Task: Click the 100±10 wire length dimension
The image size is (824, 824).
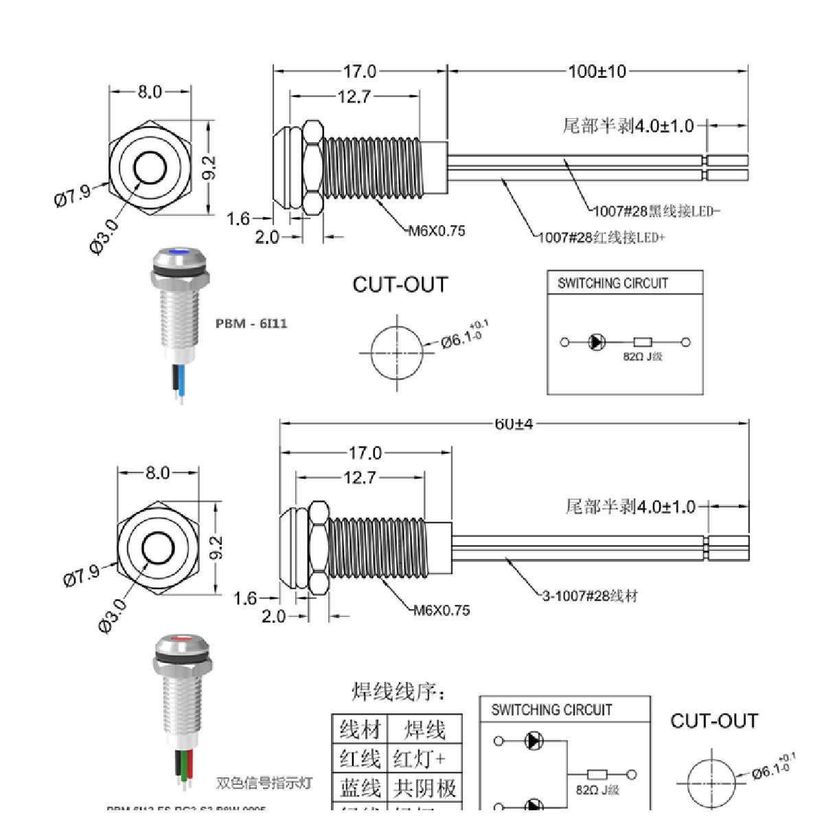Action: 597,71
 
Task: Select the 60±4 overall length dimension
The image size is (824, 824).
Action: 514,424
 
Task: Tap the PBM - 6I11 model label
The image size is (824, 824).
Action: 251,323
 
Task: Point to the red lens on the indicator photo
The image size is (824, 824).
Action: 181,639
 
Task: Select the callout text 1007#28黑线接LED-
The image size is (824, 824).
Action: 657,211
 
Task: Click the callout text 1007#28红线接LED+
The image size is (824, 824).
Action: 602,238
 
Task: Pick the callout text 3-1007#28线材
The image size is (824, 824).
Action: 590,596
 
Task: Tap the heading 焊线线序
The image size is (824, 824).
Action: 399,691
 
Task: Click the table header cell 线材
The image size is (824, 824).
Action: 360,729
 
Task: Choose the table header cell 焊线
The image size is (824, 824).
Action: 424,729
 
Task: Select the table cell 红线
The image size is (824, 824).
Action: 360,759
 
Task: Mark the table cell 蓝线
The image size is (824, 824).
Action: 360,788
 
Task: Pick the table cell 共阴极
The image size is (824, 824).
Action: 424,788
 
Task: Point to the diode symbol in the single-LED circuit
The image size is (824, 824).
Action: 597,342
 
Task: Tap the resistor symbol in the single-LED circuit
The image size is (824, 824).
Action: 643,342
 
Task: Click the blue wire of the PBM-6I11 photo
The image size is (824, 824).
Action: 181,381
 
